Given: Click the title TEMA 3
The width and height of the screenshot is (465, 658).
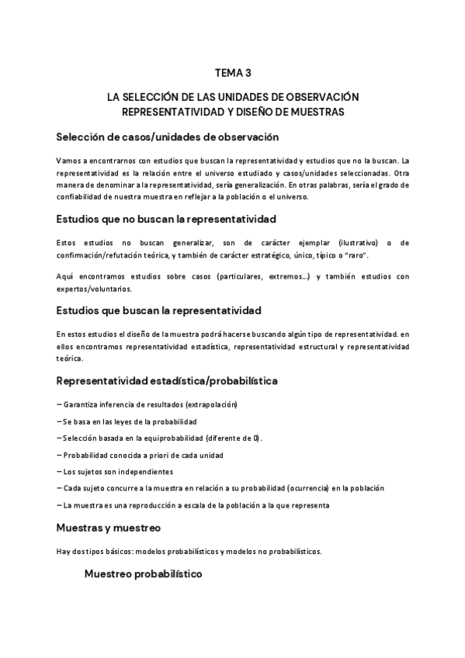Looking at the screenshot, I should [232, 74].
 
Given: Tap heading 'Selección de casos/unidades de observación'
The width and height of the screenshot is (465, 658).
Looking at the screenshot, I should [167, 137].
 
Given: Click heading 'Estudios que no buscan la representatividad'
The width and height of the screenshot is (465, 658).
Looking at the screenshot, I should [166, 220].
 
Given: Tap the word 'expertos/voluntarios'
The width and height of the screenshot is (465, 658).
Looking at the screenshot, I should [94, 289].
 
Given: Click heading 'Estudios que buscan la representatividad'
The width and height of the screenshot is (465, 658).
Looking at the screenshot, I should [159, 310].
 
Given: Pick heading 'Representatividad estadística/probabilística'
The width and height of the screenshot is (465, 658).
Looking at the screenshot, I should [167, 381].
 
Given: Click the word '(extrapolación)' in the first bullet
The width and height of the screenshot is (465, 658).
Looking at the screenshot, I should [209, 405].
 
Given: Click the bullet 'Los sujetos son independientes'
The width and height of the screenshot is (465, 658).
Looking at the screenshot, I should [115, 471].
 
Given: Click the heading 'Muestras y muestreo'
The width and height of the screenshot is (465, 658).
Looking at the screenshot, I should [108, 528].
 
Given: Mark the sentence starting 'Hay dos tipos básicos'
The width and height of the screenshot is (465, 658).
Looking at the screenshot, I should [189, 552].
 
